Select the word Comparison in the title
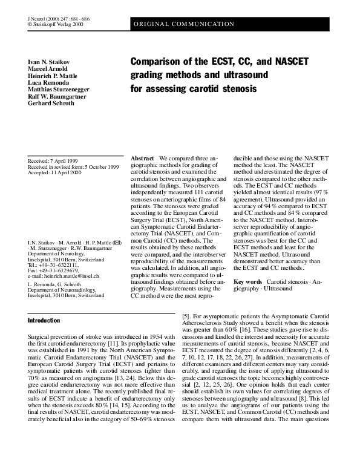point(158,62)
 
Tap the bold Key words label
point(247,282)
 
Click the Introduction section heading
point(44,320)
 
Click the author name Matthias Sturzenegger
point(59,89)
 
